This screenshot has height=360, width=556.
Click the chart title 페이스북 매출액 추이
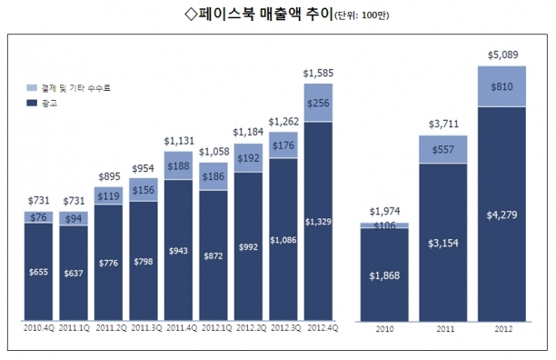pos(265,15)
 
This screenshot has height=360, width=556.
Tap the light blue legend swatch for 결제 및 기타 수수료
pos(32,87)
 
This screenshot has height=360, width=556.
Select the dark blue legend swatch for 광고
pos(32,103)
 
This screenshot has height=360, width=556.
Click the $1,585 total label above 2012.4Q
pos(318,73)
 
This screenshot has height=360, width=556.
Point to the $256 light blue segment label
pos(318,104)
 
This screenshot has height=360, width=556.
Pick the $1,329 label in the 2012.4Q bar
pos(318,222)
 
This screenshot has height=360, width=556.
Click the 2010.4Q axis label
pos(39,328)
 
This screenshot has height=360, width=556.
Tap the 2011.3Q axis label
pos(146,328)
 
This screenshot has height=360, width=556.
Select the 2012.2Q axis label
pos(251,328)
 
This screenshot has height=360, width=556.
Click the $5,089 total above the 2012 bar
pos(502,55)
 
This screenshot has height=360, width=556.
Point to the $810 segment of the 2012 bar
pos(501,86)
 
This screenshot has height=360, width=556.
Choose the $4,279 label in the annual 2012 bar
pos(501,215)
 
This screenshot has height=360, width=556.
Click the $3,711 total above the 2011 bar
pos(443,124)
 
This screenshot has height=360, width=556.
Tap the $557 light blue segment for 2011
pos(442,150)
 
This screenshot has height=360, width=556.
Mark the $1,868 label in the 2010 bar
pos(384,275)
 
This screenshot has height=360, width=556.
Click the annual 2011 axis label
pos(445,329)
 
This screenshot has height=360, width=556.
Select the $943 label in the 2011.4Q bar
pos(178,251)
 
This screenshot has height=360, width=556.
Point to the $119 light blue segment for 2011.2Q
pos(108,196)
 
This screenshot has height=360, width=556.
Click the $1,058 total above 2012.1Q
pos(213,152)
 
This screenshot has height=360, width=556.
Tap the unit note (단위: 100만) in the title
pos(362,15)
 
